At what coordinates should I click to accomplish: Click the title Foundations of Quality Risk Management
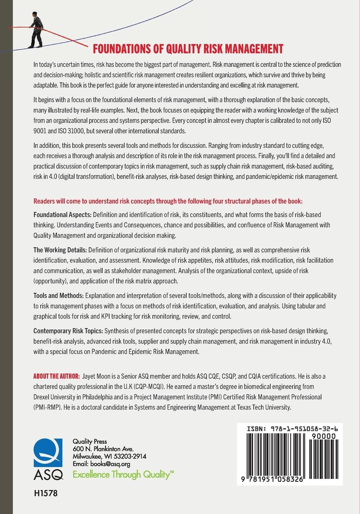188,49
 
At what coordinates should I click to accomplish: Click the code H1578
45,494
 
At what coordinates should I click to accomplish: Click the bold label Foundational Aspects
62,215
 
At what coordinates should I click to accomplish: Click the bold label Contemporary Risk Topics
68,331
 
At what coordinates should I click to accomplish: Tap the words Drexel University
56,397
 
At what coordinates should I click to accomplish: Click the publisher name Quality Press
90,441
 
